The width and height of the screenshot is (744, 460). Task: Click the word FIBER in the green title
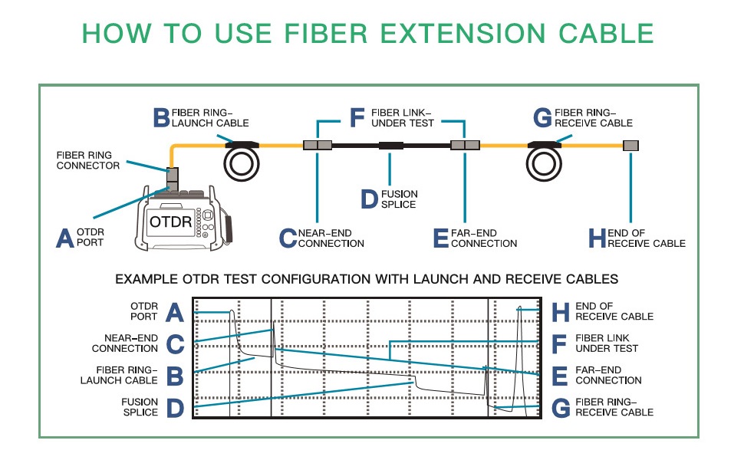point(326,33)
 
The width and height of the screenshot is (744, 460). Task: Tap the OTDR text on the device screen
point(171,222)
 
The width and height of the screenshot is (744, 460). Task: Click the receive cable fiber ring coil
point(544,163)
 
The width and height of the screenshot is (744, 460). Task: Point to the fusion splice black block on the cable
point(391,146)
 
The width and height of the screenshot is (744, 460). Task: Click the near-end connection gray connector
point(318,145)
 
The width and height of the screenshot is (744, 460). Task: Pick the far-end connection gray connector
point(465,145)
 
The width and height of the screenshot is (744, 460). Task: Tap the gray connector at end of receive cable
point(630,146)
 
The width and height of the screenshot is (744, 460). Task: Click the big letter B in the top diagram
point(161,117)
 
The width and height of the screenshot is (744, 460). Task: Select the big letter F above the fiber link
point(357,117)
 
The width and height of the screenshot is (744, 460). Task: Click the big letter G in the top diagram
point(542,117)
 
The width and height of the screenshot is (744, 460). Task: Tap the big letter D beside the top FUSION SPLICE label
point(369,199)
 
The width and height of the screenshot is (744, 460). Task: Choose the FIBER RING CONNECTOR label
point(87,160)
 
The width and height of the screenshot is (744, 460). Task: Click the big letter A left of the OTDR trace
point(174,313)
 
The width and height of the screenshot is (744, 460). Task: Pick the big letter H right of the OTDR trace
point(561,313)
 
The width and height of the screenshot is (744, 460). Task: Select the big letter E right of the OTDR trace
point(560,376)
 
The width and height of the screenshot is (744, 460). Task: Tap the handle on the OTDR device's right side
point(229,230)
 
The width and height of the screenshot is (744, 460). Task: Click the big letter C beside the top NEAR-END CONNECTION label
point(288,238)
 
